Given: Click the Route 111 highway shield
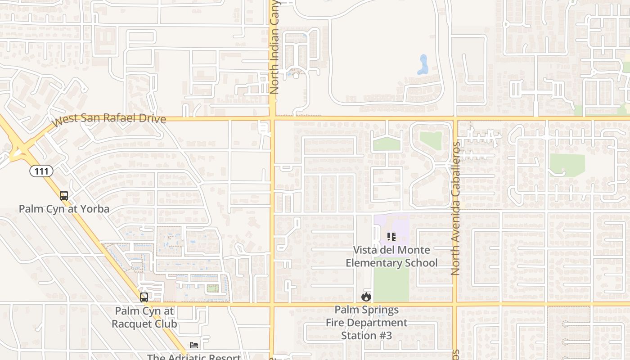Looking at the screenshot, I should [x=42, y=171].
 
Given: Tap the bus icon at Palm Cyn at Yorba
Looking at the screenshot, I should [x=64, y=196].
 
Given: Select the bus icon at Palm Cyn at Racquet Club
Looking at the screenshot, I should [x=144, y=297].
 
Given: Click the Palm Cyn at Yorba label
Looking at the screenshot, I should [x=64, y=209].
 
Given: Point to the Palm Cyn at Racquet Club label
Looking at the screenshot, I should [x=144, y=317].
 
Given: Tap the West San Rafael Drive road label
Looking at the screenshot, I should [x=108, y=119].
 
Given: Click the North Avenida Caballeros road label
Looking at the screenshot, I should [x=455, y=209].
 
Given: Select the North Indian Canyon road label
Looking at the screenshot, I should [x=274, y=47].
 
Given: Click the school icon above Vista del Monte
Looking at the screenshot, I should [x=391, y=236].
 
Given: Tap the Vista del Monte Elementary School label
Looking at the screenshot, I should [x=391, y=256].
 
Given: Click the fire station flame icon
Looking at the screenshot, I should [x=366, y=297].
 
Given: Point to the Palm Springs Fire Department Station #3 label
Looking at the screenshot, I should [x=366, y=323].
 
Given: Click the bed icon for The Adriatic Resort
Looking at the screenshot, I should [x=193, y=345].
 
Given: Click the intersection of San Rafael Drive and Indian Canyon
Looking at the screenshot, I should [x=273, y=119].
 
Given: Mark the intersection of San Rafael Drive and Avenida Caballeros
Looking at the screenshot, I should [x=455, y=119].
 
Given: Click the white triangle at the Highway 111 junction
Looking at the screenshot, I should [x=18, y=153].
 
